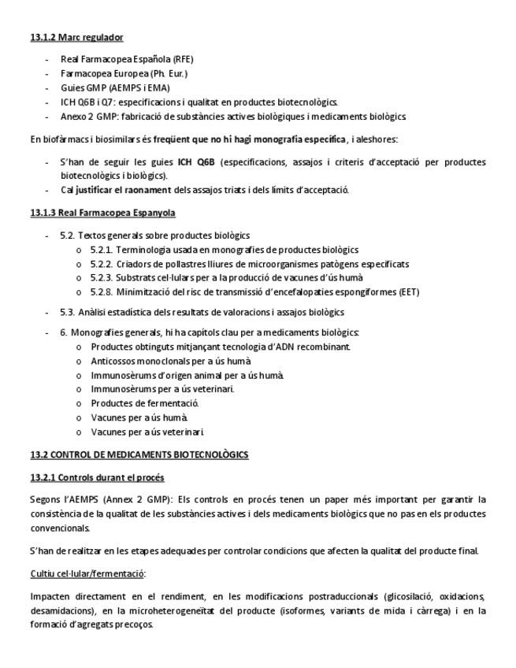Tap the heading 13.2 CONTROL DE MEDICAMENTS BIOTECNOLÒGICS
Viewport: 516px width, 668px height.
pyautogui.click(x=139, y=455)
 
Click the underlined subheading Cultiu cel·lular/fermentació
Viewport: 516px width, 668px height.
pyautogui.click(x=87, y=573)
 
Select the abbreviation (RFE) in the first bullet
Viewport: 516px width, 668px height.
pyautogui.click(x=183, y=59)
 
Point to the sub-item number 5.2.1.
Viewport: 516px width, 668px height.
pyautogui.click(x=100, y=250)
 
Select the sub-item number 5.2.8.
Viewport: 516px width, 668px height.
pyautogui.click(x=100, y=292)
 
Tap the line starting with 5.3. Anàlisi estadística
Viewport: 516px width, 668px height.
pyautogui.click(x=202, y=313)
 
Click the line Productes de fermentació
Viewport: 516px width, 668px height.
pyautogui.click(x=139, y=403)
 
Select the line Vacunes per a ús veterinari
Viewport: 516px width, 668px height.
pyautogui.click(x=147, y=432)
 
